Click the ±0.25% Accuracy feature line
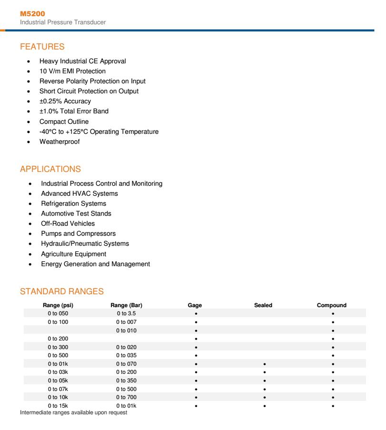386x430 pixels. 65,101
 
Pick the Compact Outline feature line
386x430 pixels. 64,121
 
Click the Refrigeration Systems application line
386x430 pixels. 74,204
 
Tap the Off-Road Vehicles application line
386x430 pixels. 68,223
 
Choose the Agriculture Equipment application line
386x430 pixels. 73,254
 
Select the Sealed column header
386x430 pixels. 263,305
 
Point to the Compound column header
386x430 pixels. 332,305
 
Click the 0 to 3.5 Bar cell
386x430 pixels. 127,314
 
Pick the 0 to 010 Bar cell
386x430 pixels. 127,330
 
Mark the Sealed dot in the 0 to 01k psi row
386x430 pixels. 264,364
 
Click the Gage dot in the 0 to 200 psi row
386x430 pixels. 196,339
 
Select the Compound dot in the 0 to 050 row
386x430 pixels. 333,314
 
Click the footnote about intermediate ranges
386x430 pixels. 74,412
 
